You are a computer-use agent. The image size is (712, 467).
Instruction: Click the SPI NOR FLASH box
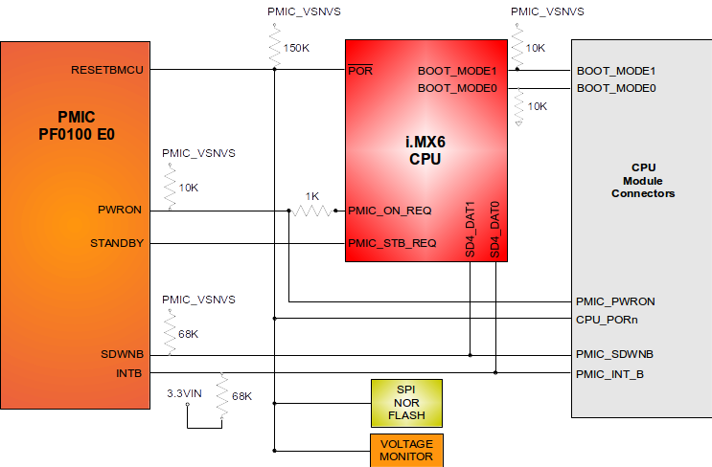click(406, 403)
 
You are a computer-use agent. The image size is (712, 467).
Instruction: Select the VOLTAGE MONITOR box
click(406, 451)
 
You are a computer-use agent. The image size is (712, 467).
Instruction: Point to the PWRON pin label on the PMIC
click(121, 211)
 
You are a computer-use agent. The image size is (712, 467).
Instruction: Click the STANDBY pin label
click(117, 243)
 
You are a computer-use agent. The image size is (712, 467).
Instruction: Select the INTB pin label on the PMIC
click(128, 371)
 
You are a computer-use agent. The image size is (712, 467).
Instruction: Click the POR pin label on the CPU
click(361, 71)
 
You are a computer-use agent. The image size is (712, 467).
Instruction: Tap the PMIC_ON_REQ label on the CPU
click(390, 211)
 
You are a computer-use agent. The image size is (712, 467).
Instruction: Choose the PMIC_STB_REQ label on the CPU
click(392, 243)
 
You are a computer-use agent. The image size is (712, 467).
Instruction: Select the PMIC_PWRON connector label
click(615, 301)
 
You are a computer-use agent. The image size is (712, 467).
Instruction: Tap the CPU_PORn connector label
click(608, 319)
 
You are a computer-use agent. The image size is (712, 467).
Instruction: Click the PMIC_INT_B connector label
click(610, 372)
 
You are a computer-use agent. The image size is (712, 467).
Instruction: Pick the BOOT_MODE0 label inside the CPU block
click(456, 88)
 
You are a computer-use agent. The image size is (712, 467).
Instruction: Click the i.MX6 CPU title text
click(425, 150)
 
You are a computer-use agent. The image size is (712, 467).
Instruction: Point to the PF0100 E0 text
click(76, 134)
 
